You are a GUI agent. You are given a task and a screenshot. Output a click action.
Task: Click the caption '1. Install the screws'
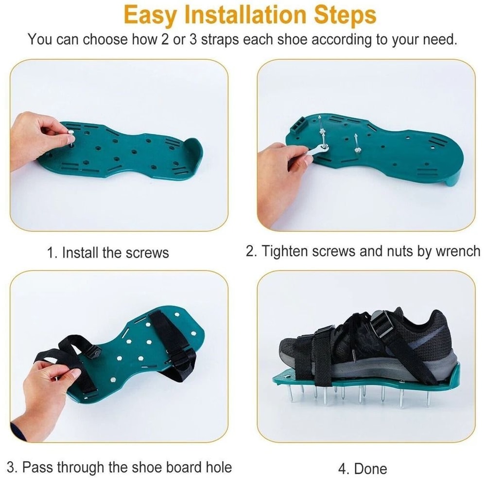coord(108,253)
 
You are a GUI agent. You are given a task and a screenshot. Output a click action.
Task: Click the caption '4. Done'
coord(363,469)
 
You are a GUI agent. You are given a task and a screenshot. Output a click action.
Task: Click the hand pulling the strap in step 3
coord(46,394)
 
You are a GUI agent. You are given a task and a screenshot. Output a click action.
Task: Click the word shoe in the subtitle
coord(292,39)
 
